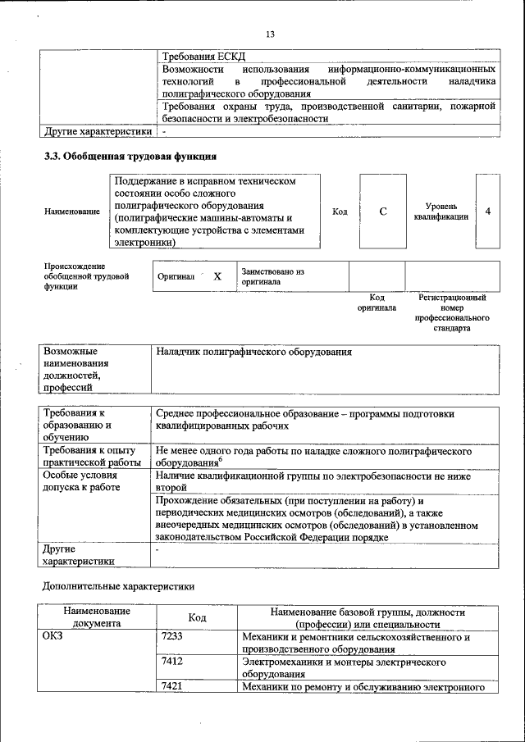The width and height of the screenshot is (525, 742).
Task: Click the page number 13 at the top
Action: click(x=270, y=34)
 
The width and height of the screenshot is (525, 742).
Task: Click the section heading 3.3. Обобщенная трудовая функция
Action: click(x=130, y=156)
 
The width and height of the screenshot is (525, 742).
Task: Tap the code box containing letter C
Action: click(x=382, y=212)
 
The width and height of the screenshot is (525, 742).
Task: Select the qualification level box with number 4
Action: click(x=488, y=212)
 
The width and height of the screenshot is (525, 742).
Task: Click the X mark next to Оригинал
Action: click(x=217, y=277)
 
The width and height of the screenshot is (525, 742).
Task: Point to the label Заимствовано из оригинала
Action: click(x=272, y=276)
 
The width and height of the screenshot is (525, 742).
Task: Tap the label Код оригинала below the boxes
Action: click(x=377, y=303)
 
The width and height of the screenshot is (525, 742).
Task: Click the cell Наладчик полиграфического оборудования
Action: click(x=253, y=352)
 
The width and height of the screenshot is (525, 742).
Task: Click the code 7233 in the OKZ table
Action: click(x=172, y=636)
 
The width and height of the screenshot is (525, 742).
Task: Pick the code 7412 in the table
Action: click(x=172, y=661)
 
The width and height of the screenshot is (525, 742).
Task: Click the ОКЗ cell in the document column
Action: click(x=53, y=636)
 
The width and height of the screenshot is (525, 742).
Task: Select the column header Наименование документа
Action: click(x=95, y=617)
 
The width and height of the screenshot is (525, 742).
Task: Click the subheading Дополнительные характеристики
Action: click(x=118, y=586)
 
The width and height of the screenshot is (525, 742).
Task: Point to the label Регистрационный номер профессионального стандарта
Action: click(x=452, y=312)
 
